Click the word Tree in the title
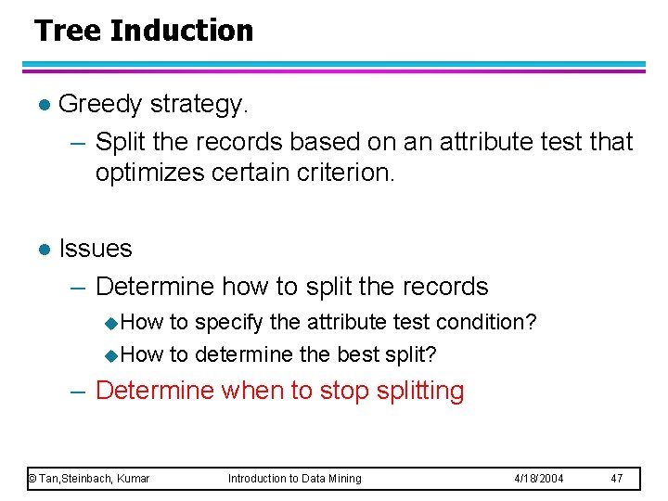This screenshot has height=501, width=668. click(x=68, y=31)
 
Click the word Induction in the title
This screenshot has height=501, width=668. click(x=181, y=31)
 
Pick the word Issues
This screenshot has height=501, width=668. click(x=96, y=249)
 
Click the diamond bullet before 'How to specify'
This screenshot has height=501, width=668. click(x=111, y=324)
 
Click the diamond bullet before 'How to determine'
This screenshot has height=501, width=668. click(x=111, y=355)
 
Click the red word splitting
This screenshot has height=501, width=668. click(x=420, y=391)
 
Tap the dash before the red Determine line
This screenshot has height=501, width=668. click(x=79, y=391)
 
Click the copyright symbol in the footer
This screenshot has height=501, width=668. click(x=32, y=479)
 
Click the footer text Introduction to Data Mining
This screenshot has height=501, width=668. click(x=295, y=479)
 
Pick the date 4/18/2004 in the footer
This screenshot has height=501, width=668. click(x=538, y=479)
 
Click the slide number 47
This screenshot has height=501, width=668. click(x=616, y=479)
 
